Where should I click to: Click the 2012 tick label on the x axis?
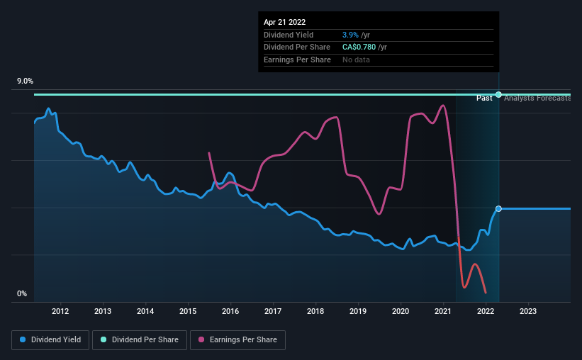click(x=60, y=310)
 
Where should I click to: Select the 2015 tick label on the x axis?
click(x=188, y=310)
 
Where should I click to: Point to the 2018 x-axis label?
click(x=315, y=310)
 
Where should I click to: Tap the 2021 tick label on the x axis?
click(x=443, y=310)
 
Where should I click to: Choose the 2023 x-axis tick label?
click(x=528, y=310)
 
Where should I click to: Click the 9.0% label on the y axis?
click(x=26, y=81)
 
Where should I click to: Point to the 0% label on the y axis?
click(x=22, y=293)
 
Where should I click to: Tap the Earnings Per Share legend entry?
click(x=237, y=340)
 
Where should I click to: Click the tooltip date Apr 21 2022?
click(x=285, y=23)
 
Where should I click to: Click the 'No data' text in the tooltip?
click(x=356, y=60)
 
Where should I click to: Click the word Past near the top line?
click(x=484, y=98)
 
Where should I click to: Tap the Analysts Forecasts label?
click(x=537, y=98)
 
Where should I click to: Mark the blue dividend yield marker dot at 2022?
click(x=498, y=208)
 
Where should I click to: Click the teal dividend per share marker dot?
click(x=498, y=94)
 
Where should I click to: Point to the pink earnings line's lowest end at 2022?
click(x=486, y=293)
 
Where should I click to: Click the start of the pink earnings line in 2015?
click(x=208, y=152)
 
